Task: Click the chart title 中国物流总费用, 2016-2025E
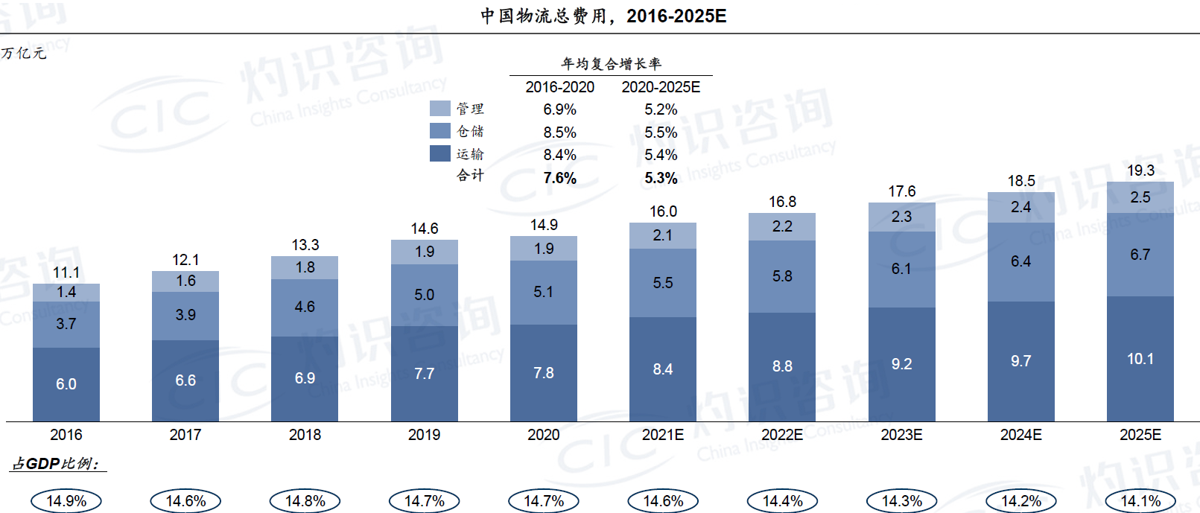click(603, 16)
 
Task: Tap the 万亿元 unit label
click(24, 53)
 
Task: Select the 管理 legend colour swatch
click(440, 109)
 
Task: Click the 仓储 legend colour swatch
click(440, 131)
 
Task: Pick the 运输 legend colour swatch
click(440, 153)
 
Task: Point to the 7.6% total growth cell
click(559, 178)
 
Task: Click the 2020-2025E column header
click(661, 87)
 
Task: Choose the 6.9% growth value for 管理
click(559, 109)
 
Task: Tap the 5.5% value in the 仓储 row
click(661, 133)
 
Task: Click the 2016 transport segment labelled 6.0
click(66, 384)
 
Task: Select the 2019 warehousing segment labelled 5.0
click(425, 295)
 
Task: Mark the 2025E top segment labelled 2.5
click(1140, 197)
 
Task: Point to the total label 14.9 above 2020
click(544, 225)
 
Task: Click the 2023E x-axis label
click(901, 435)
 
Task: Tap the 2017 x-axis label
click(185, 435)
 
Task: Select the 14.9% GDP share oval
click(66, 501)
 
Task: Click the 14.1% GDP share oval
click(1140, 501)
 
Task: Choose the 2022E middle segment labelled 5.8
click(782, 276)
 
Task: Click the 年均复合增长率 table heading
click(611, 64)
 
